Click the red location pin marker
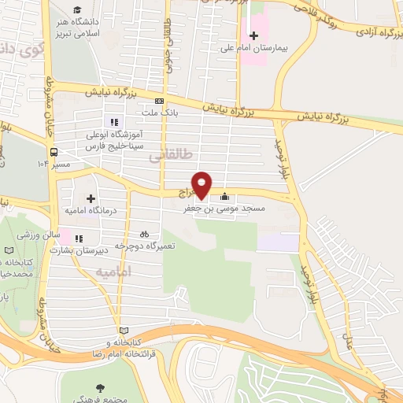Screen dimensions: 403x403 pyautogui.click(x=202, y=183)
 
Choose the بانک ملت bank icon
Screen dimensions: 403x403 pyautogui.click(x=160, y=101)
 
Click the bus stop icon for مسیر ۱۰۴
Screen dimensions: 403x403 pyautogui.click(x=53, y=151)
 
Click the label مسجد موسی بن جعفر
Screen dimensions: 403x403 pyautogui.click(x=226, y=209)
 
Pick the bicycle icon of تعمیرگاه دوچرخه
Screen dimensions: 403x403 pyautogui.click(x=143, y=233)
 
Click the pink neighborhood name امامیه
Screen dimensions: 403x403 pyautogui.click(x=111, y=272)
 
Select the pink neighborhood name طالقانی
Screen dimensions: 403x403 pyautogui.click(x=175, y=157)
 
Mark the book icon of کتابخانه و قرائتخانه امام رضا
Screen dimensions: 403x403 pyautogui.click(x=121, y=330)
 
